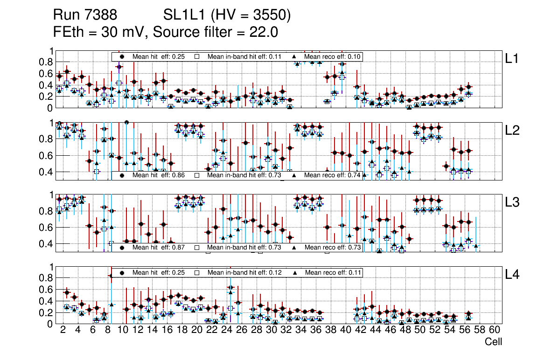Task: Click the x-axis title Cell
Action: (x=493, y=342)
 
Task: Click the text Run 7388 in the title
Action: (x=84, y=16)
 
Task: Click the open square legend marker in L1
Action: (x=197, y=56)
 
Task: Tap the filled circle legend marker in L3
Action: (x=122, y=248)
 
